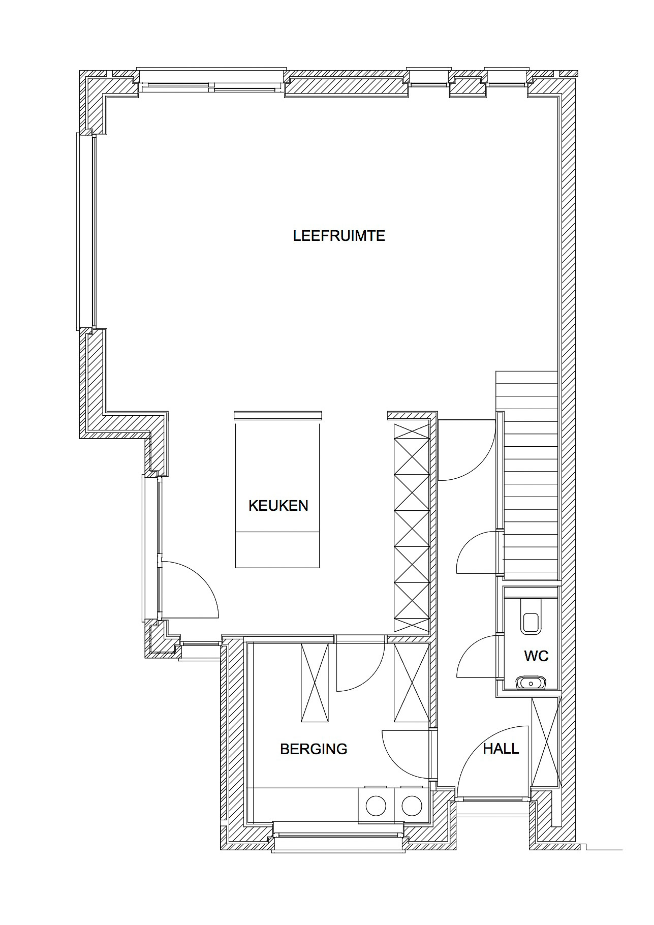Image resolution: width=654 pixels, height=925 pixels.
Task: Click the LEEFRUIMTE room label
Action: [339, 236]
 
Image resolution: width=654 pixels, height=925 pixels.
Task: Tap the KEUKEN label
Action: [278, 505]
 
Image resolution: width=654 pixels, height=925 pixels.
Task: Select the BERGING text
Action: [314, 749]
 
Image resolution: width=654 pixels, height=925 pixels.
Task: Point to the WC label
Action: [536, 656]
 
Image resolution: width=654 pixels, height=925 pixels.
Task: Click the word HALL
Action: [501, 749]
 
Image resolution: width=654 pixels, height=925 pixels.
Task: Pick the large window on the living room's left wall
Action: [86, 231]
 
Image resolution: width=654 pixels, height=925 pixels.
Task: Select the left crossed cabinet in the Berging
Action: [315, 683]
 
